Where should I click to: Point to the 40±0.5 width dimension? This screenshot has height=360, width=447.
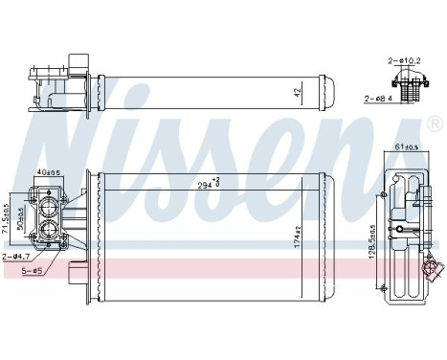[48, 173]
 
